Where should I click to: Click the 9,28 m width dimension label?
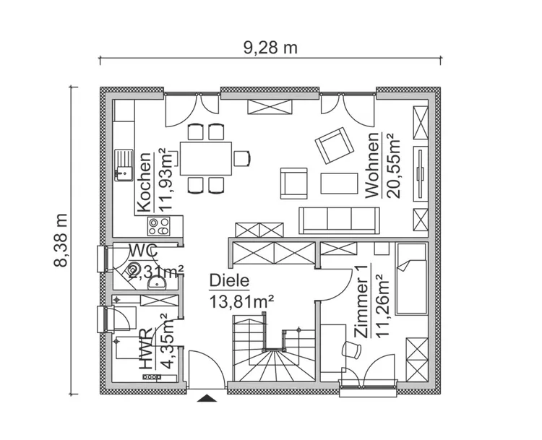(x=270, y=48)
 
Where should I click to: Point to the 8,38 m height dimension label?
(x=61, y=240)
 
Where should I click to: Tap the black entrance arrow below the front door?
(x=207, y=398)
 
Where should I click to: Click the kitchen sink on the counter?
(x=124, y=165)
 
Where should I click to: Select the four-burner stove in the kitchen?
(x=159, y=226)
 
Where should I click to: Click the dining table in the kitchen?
(x=206, y=158)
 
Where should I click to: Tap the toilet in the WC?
(x=133, y=269)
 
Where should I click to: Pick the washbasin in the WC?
(x=157, y=283)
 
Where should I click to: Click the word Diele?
(x=229, y=280)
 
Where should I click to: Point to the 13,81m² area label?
(x=241, y=302)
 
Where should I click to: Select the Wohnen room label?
(x=372, y=165)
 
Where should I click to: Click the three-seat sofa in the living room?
(x=339, y=220)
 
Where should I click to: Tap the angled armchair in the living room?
(x=335, y=145)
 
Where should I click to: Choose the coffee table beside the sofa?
(x=339, y=184)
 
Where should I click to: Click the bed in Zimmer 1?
(x=410, y=279)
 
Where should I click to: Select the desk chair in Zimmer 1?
(x=351, y=350)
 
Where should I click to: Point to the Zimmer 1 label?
(x=361, y=301)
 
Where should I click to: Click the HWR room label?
(x=145, y=349)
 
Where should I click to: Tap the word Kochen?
(x=144, y=182)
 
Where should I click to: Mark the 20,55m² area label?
(x=393, y=166)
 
